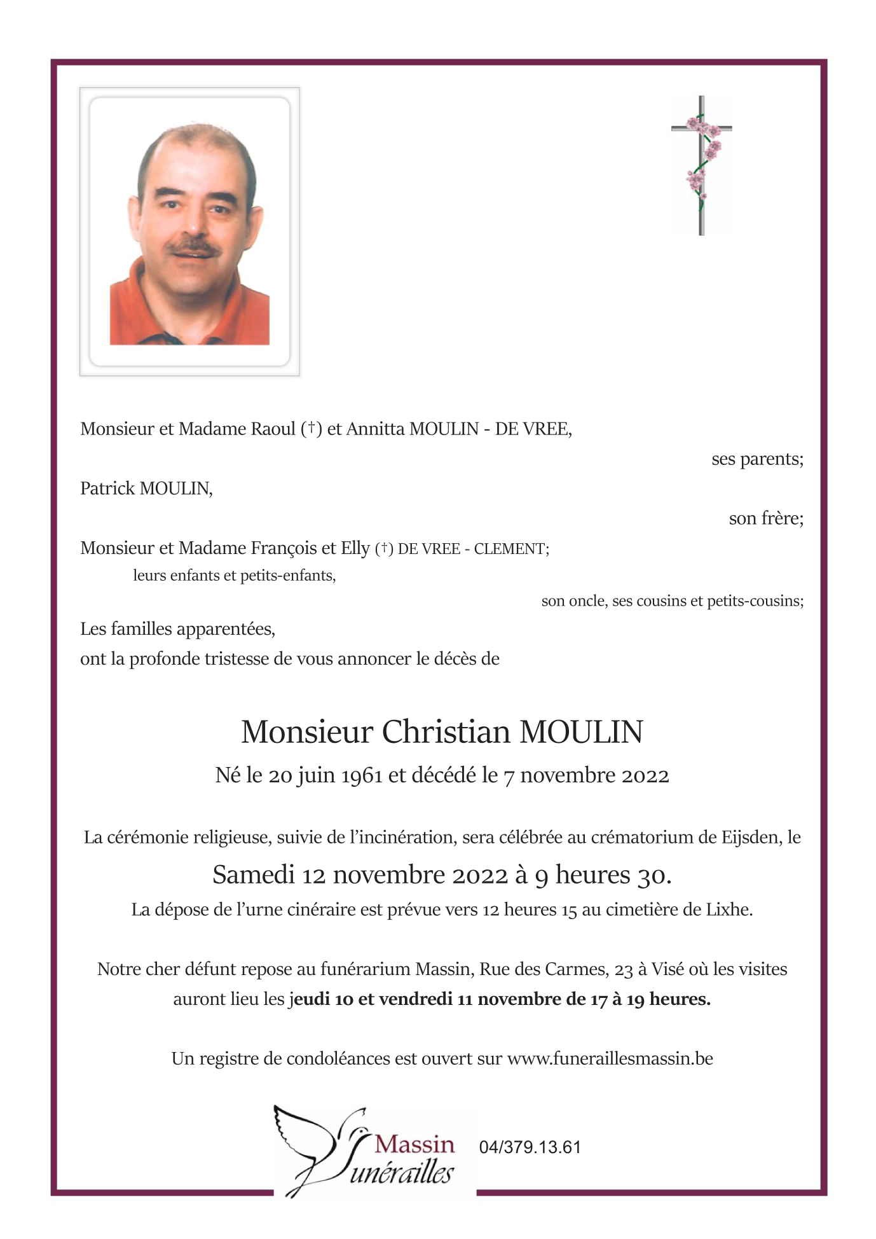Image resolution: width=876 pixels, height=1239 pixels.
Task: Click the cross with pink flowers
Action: pos(701,165)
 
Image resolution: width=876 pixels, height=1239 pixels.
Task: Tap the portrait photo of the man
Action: pos(189,232)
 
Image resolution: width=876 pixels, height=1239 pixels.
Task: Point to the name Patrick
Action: pos(107,488)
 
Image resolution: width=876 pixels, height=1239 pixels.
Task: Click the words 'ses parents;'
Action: pos(757,459)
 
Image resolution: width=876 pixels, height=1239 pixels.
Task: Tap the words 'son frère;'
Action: pos(766,518)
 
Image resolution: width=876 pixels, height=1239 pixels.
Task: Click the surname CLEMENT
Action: pos(510,549)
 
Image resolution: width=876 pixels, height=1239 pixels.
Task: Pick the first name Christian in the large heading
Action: pos(446,732)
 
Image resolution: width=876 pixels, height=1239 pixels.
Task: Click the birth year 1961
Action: pos(362,776)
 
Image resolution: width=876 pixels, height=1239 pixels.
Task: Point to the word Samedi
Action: pos(253,875)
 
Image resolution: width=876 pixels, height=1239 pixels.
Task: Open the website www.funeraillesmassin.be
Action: pos(610,1059)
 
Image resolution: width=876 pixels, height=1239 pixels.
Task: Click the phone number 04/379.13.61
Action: pos(530,1147)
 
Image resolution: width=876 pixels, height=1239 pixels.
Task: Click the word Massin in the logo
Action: pos(414,1144)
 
